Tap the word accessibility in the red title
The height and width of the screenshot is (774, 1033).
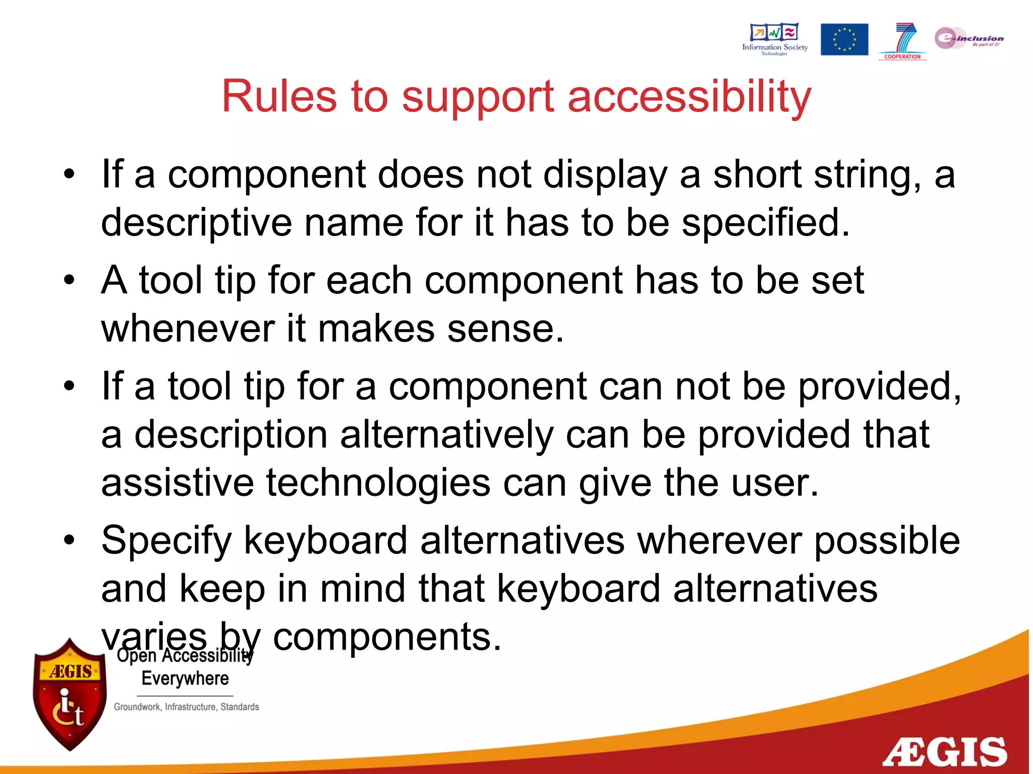[x=690, y=97]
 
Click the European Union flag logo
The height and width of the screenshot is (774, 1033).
[x=844, y=39]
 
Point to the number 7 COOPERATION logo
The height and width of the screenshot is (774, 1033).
[x=903, y=41]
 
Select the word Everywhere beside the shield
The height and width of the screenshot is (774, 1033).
[x=185, y=678]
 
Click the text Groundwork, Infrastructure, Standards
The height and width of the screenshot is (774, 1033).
[x=186, y=707]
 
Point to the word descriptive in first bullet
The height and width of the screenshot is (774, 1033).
[x=196, y=223]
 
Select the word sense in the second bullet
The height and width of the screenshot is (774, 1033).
[x=505, y=329]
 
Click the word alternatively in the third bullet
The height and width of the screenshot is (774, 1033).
[x=446, y=435]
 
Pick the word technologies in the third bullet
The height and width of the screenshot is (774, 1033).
[x=378, y=483]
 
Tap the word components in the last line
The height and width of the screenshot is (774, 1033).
[x=387, y=637]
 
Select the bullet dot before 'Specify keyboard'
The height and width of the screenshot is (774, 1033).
[x=69, y=540]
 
